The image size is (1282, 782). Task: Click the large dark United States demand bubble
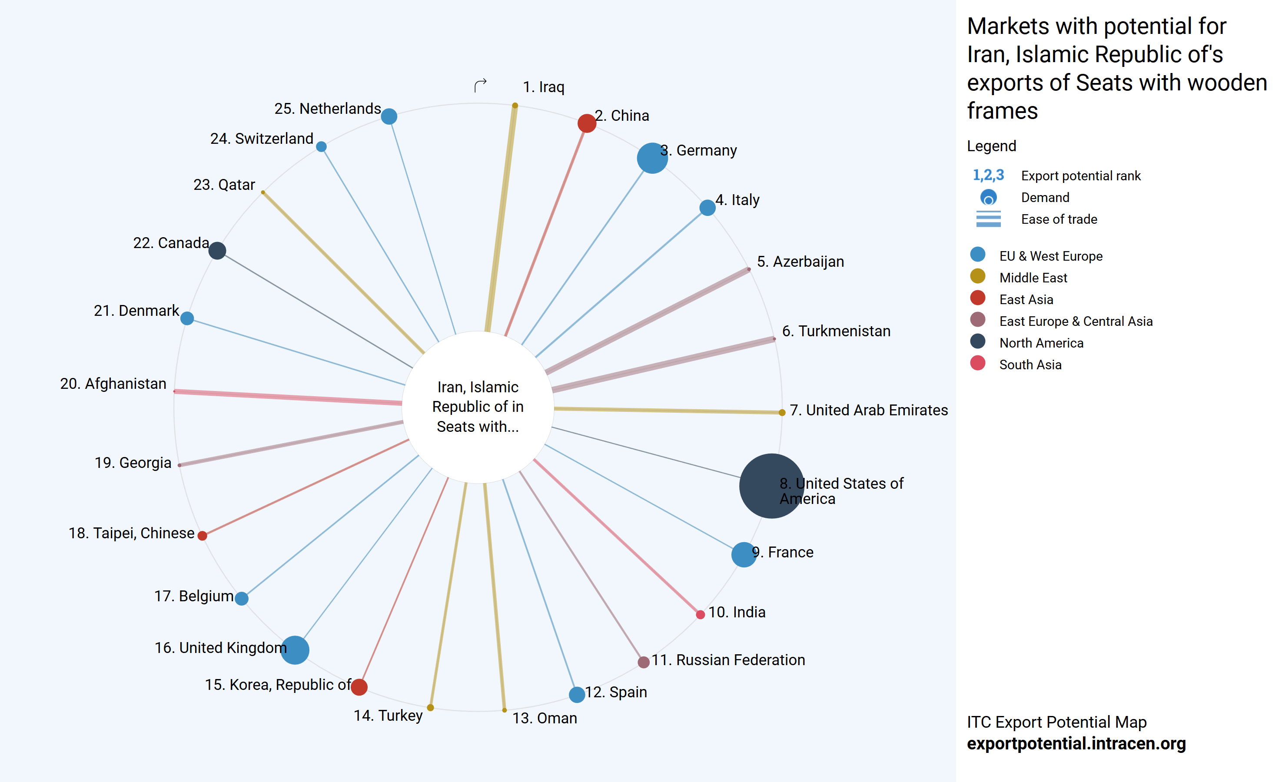tap(771, 485)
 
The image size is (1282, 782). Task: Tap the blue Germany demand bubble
tap(652, 158)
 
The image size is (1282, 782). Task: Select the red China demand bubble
tap(586, 123)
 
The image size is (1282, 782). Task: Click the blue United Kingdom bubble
tap(295, 650)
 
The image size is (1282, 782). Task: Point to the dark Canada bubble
tap(217, 250)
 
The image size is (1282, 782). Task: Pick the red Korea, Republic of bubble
tap(359, 687)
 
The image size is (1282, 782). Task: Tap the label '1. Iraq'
tap(543, 87)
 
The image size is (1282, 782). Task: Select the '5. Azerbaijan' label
tap(800, 262)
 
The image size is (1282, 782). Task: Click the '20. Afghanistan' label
tap(113, 384)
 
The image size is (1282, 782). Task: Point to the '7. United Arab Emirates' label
tap(868, 410)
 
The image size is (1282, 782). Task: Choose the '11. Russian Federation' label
tap(728, 660)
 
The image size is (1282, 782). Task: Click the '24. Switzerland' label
tap(262, 139)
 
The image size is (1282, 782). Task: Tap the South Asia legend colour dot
tap(978, 363)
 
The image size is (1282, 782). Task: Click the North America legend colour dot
tap(978, 341)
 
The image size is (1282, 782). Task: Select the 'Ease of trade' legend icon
tap(988, 219)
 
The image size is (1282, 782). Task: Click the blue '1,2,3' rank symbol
tap(988, 176)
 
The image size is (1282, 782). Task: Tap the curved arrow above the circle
tap(480, 85)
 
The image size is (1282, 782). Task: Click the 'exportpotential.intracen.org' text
tap(1076, 743)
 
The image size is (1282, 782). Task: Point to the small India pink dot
tap(700, 614)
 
